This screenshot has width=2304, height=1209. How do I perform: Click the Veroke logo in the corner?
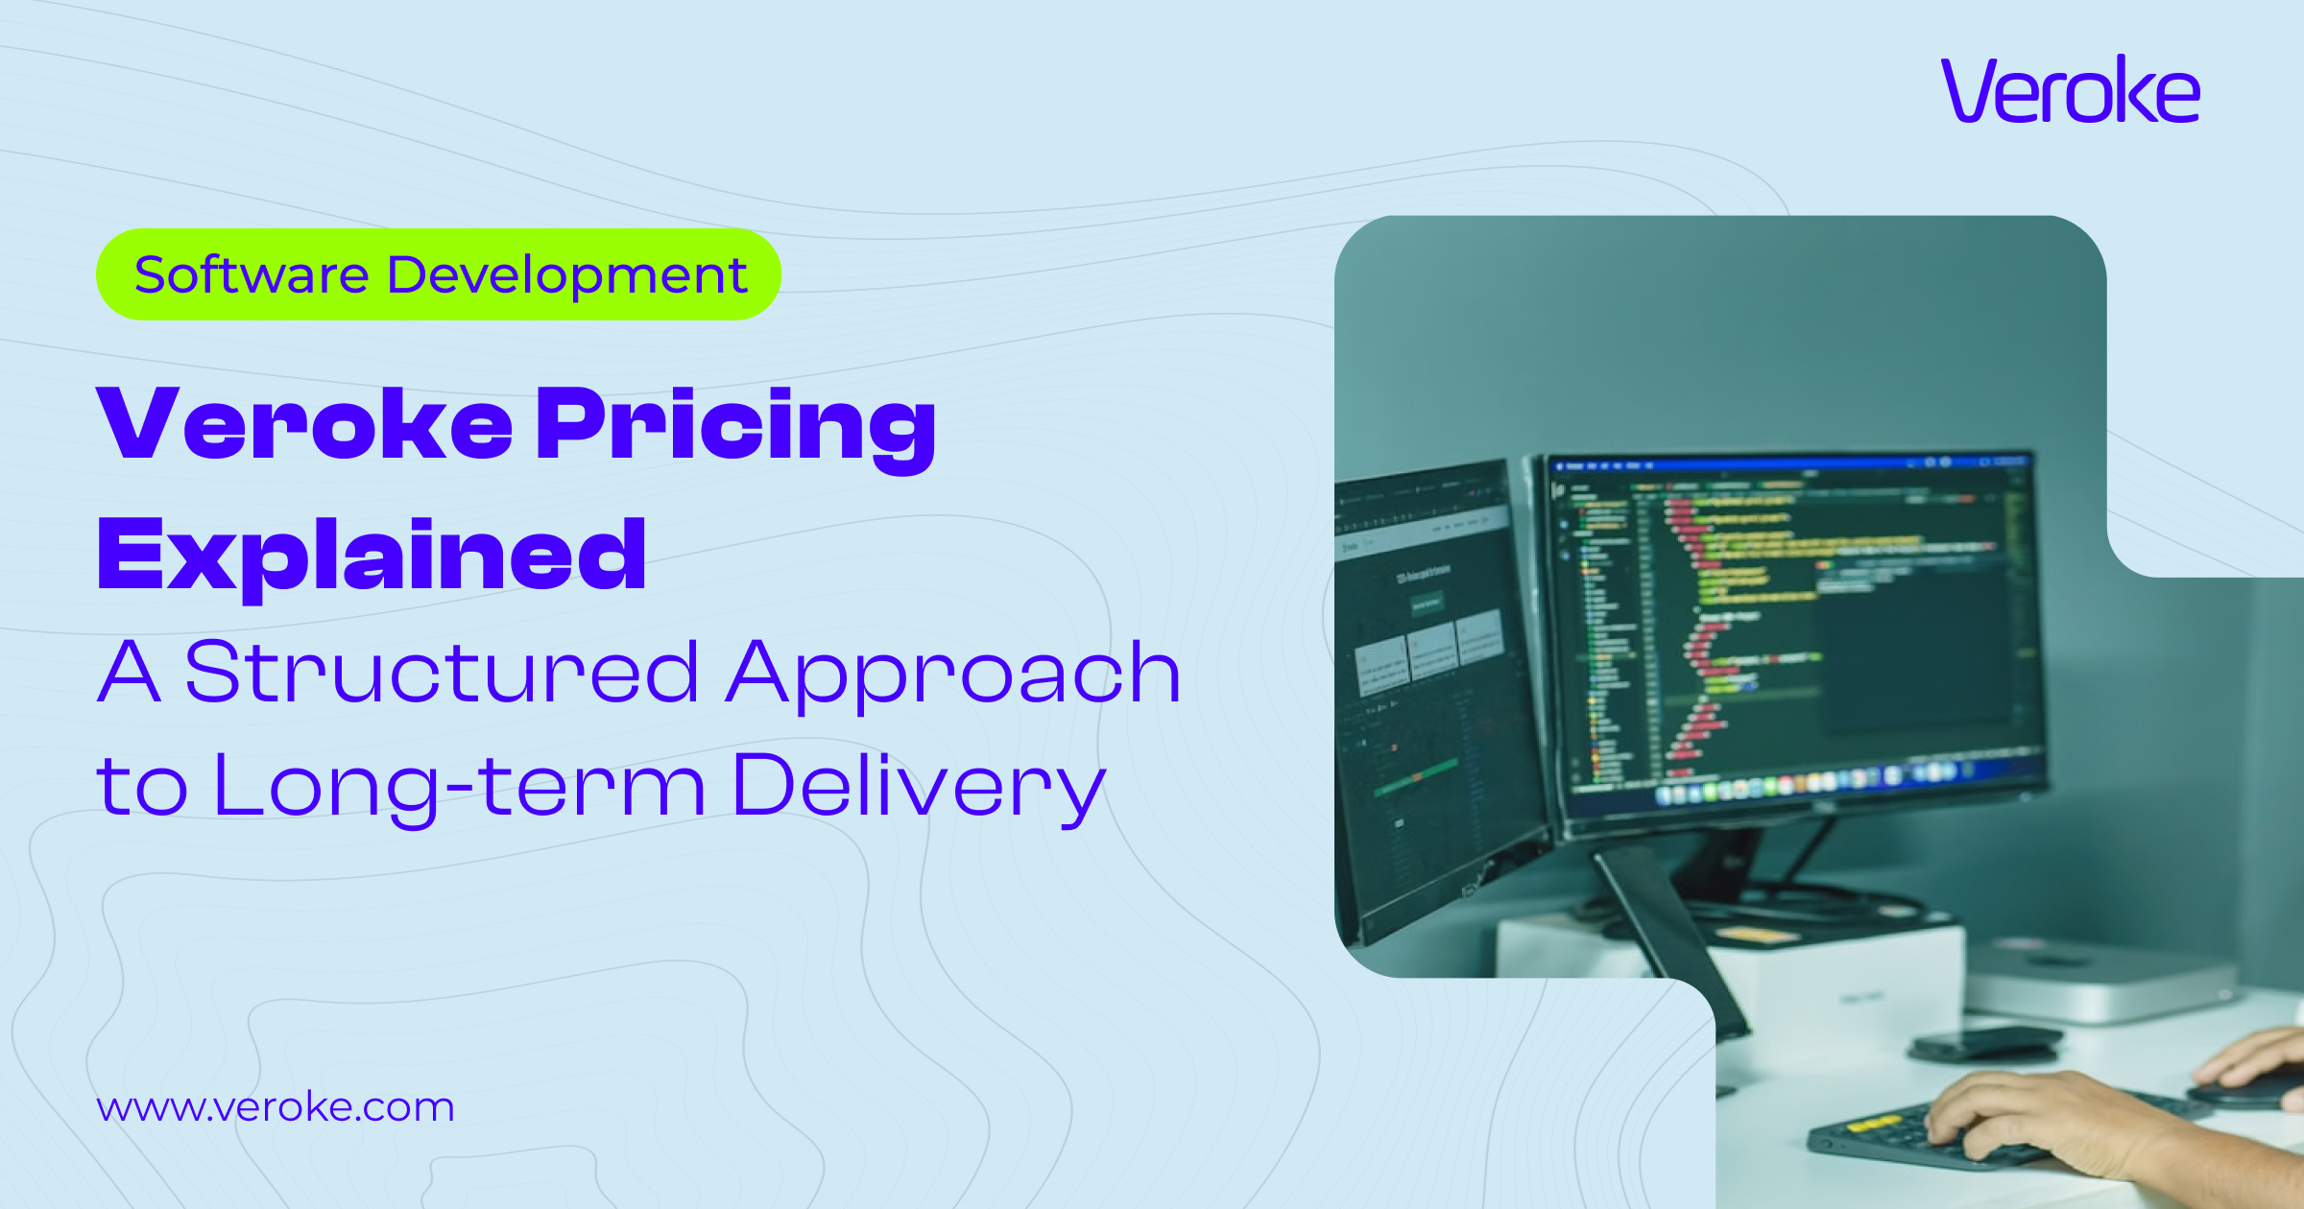click(2070, 90)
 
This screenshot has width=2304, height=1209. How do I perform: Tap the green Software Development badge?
click(438, 274)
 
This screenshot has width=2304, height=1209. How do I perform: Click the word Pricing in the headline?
click(735, 424)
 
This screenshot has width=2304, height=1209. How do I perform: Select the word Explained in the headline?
click(372, 555)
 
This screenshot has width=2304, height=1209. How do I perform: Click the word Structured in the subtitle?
click(442, 673)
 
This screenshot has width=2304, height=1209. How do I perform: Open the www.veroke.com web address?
click(276, 1107)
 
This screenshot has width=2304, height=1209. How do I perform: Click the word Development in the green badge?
click(566, 274)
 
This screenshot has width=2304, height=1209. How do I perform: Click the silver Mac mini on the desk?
click(2102, 979)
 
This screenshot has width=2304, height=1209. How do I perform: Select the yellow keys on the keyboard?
click(1872, 1123)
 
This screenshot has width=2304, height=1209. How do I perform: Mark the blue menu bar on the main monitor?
click(1786, 464)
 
